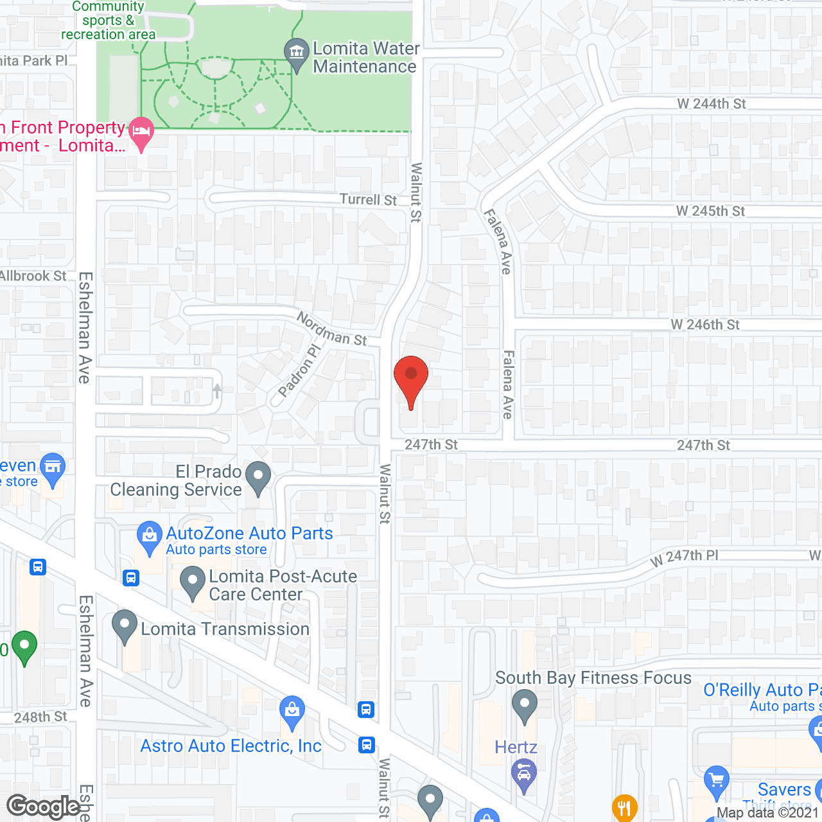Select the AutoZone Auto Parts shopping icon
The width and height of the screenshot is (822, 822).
click(x=150, y=536)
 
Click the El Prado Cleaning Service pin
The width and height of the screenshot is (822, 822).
click(x=258, y=477)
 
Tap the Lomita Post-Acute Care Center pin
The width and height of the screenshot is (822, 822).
click(x=192, y=581)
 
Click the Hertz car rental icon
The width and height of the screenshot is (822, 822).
click(x=524, y=774)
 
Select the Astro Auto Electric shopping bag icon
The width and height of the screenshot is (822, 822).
click(x=292, y=712)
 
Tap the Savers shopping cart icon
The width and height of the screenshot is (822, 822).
click(x=716, y=781)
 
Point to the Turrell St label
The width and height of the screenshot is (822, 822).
click(x=368, y=200)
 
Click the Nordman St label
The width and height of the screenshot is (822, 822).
click(x=331, y=329)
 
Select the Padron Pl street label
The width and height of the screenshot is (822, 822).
click(x=299, y=371)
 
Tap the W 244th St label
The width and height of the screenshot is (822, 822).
click(x=711, y=104)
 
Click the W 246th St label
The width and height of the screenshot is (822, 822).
click(x=705, y=325)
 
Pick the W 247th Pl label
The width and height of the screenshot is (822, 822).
click(x=685, y=557)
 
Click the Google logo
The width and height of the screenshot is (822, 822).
click(x=44, y=807)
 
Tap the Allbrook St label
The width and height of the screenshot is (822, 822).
click(x=33, y=276)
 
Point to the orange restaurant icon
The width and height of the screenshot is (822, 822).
click(x=624, y=807)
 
